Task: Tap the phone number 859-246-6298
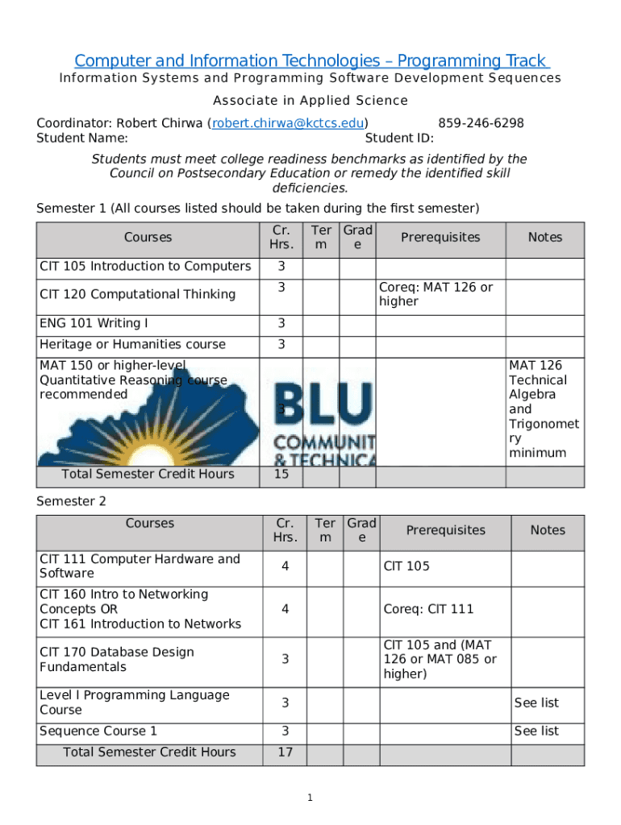point(481,123)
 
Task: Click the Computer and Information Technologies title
point(311,61)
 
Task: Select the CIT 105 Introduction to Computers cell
point(145,267)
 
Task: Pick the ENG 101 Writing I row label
point(94,324)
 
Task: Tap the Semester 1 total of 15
point(281,475)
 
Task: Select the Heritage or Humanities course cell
point(133,345)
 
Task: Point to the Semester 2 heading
point(71,502)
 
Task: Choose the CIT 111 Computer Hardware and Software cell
point(140,566)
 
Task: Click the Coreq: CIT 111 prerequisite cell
point(428,609)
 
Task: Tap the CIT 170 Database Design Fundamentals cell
point(117,660)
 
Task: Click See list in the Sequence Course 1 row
point(536,732)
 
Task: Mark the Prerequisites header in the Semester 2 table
point(445,530)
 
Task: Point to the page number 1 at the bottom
point(309,798)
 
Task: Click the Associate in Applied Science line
point(310,101)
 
